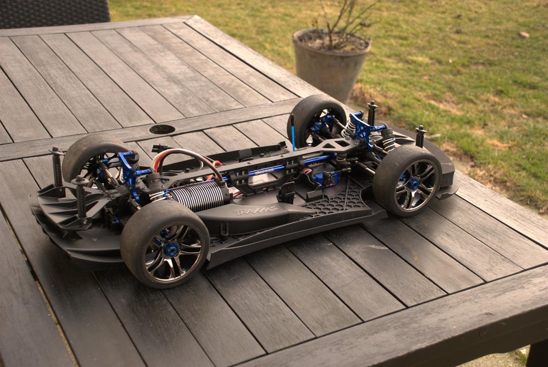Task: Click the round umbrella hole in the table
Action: pyautogui.click(x=162, y=129)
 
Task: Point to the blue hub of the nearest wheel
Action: pyautogui.click(x=171, y=249)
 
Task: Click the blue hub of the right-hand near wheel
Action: pyautogui.click(x=414, y=183)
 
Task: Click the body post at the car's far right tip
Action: pyautogui.click(x=420, y=136)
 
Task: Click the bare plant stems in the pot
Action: pyautogui.click(x=347, y=23)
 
